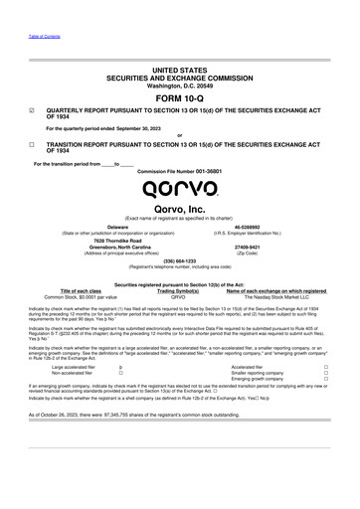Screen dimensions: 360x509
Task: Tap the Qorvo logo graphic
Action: (x=179, y=188)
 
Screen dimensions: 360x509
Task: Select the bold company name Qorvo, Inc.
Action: (x=179, y=208)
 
